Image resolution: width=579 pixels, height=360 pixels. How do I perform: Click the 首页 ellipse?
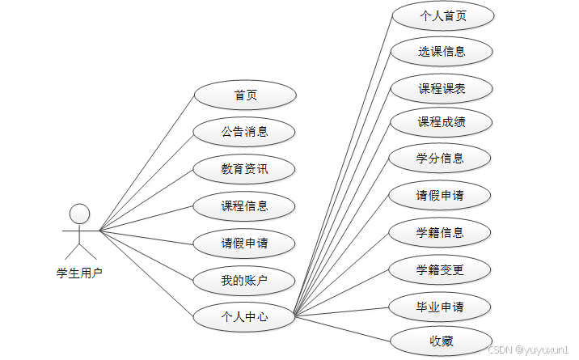[245, 95]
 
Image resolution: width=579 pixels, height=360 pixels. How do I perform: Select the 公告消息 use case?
[245, 132]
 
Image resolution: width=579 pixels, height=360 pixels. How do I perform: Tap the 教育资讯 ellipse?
[245, 169]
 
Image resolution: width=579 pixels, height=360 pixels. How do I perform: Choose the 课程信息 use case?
[245, 205]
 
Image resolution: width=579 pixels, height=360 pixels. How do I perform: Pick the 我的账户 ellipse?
[245, 281]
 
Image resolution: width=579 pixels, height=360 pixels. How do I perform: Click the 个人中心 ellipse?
[245, 317]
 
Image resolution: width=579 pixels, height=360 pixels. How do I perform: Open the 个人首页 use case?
[442, 15]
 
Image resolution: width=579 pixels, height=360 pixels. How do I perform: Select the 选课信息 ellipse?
[442, 52]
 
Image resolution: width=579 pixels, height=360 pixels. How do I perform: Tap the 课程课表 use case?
[442, 88]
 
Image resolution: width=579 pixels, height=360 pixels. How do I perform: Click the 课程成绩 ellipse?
[442, 122]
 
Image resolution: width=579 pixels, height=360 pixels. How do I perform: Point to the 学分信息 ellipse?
[442, 158]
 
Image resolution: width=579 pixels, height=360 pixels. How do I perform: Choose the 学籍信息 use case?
[442, 232]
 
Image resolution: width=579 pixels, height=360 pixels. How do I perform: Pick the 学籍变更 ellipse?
[442, 269]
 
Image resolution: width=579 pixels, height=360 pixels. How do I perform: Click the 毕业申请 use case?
[442, 307]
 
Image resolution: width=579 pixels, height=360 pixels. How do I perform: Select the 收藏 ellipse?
[442, 341]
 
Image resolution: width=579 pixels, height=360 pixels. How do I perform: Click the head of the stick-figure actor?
[79, 213]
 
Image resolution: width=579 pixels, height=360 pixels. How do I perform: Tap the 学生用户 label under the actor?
[79, 273]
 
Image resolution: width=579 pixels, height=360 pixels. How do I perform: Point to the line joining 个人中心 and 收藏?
[343, 328]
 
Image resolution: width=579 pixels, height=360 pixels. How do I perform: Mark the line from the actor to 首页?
[146, 163]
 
